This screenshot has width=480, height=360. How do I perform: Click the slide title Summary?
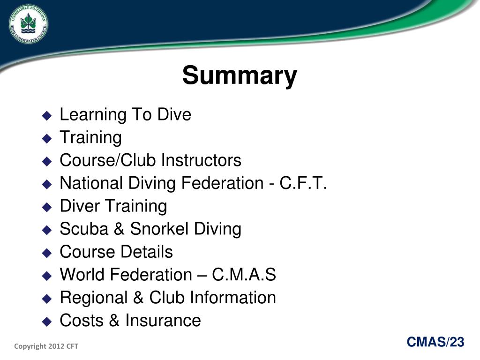240,75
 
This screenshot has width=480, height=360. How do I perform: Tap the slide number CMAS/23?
435,343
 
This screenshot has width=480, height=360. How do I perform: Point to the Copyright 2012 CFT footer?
46,346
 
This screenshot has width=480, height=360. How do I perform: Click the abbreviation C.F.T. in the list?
303,183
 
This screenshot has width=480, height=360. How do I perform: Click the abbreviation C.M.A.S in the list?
244,275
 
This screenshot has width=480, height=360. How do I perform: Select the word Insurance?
163,321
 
